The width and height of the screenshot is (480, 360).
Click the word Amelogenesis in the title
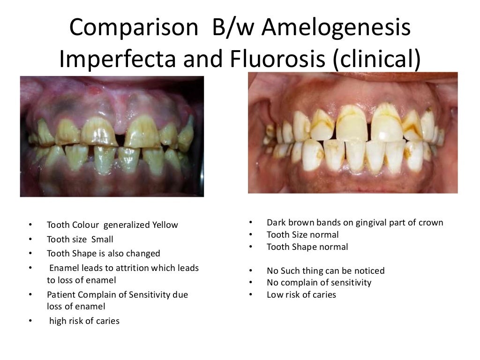336,29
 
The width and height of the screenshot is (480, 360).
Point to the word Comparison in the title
133,29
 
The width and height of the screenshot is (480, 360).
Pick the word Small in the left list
102,240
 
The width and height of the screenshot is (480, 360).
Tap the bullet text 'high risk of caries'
84,321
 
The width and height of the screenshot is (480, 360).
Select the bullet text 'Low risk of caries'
301,295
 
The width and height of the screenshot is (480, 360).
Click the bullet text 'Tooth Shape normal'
307,247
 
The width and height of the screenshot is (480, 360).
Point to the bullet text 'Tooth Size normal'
302,235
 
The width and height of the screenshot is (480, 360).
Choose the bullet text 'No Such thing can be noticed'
325,270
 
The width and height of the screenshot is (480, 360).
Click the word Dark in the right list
276,223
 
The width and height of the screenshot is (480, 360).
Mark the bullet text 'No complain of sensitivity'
319,283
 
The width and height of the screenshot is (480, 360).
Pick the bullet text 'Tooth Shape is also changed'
103,254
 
